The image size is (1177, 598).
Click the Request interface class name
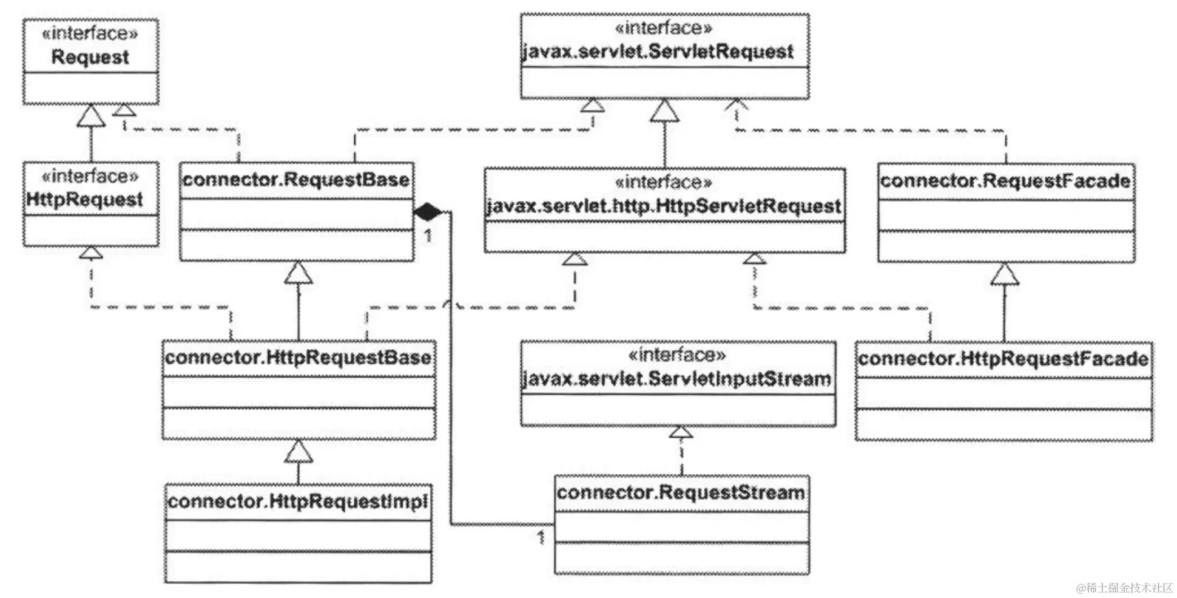pos(90,58)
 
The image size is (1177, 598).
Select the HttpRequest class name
pos(85,200)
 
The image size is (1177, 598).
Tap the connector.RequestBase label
pos(296,180)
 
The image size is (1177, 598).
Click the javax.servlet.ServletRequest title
pos(658,52)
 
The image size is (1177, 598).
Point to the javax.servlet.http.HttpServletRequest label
pos(664,206)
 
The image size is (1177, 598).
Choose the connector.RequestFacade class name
pos(1005,181)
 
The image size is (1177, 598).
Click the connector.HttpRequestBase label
pos(298,357)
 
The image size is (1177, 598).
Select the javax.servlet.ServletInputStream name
pos(676,379)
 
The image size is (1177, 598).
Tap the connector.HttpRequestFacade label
pos(1003,358)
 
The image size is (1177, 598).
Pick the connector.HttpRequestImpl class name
pos(298,501)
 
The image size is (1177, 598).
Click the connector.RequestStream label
pos(681,492)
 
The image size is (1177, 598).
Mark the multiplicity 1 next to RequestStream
pos(541,537)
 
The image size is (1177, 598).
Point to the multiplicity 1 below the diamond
pos(428,235)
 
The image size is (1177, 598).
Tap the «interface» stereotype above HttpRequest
pos(90,177)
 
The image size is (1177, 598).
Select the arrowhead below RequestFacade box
pos(1005,274)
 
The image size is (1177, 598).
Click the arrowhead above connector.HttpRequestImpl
pos(298,451)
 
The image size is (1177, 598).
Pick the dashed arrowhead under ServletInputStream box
pos(681,432)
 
